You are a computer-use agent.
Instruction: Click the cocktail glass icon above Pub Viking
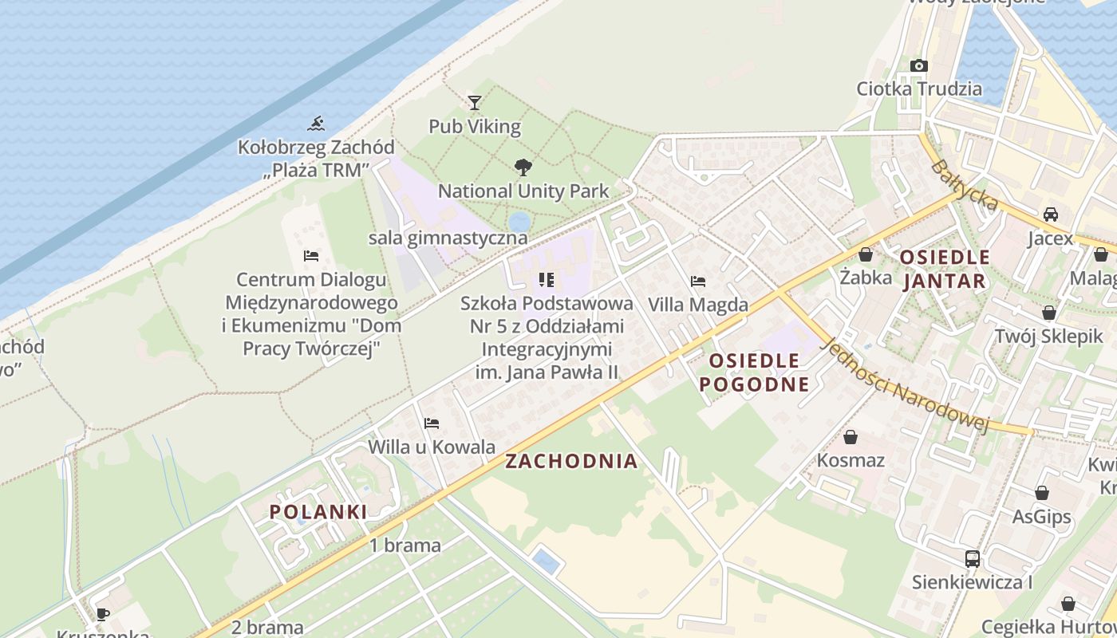pyautogui.click(x=475, y=102)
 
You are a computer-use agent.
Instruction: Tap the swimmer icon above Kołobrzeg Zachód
pyautogui.click(x=317, y=124)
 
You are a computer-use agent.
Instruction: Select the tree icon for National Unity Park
pyautogui.click(x=523, y=167)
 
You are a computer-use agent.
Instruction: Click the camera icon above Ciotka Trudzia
pyautogui.click(x=919, y=65)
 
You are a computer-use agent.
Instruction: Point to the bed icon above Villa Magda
pyautogui.click(x=698, y=282)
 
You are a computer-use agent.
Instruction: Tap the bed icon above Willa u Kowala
pyautogui.click(x=432, y=423)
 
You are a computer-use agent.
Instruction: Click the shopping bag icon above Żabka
pyautogui.click(x=866, y=254)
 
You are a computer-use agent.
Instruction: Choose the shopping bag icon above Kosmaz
pyautogui.click(x=851, y=437)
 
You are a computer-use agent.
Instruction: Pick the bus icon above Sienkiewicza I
pyautogui.click(x=972, y=558)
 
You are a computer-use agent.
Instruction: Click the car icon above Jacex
pyautogui.click(x=1051, y=215)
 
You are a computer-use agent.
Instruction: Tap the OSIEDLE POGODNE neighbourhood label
pyautogui.click(x=754, y=372)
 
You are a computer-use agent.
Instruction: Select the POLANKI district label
pyautogui.click(x=318, y=512)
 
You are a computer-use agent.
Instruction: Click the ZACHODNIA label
pyautogui.click(x=572, y=461)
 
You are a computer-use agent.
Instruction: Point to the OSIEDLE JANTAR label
pyautogui.click(x=945, y=270)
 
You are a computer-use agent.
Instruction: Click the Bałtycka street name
pyautogui.click(x=964, y=186)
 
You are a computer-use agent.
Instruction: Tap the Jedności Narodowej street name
pyautogui.click(x=905, y=385)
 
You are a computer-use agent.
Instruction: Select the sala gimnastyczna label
pyautogui.click(x=448, y=238)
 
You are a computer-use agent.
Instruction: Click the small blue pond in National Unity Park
pyautogui.click(x=519, y=221)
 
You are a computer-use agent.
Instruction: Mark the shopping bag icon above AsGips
pyautogui.click(x=1042, y=493)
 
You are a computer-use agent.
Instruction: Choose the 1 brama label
pyautogui.click(x=405, y=545)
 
